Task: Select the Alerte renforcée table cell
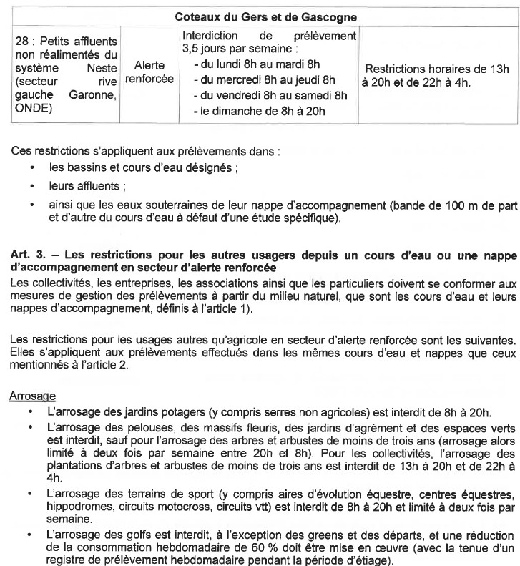[x=149, y=72]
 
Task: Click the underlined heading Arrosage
[x=32, y=395]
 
